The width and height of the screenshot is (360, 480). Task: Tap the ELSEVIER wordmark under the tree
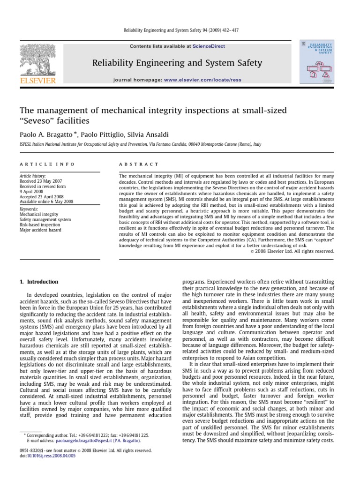37,80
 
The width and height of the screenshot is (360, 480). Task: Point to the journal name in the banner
177,62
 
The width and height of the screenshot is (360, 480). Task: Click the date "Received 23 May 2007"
41,180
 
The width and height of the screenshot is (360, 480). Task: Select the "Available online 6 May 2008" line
46,202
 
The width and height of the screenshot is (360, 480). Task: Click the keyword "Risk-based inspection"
40,225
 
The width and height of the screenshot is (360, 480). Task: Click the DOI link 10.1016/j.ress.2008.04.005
51,456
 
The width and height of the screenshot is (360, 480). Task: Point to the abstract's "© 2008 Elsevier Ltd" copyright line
290,251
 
